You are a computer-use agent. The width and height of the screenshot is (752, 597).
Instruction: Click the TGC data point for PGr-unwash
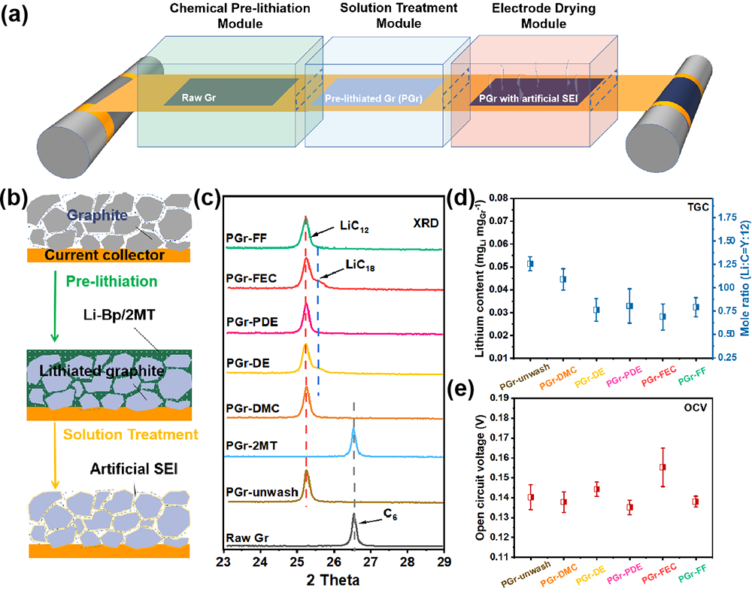tap(530, 264)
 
